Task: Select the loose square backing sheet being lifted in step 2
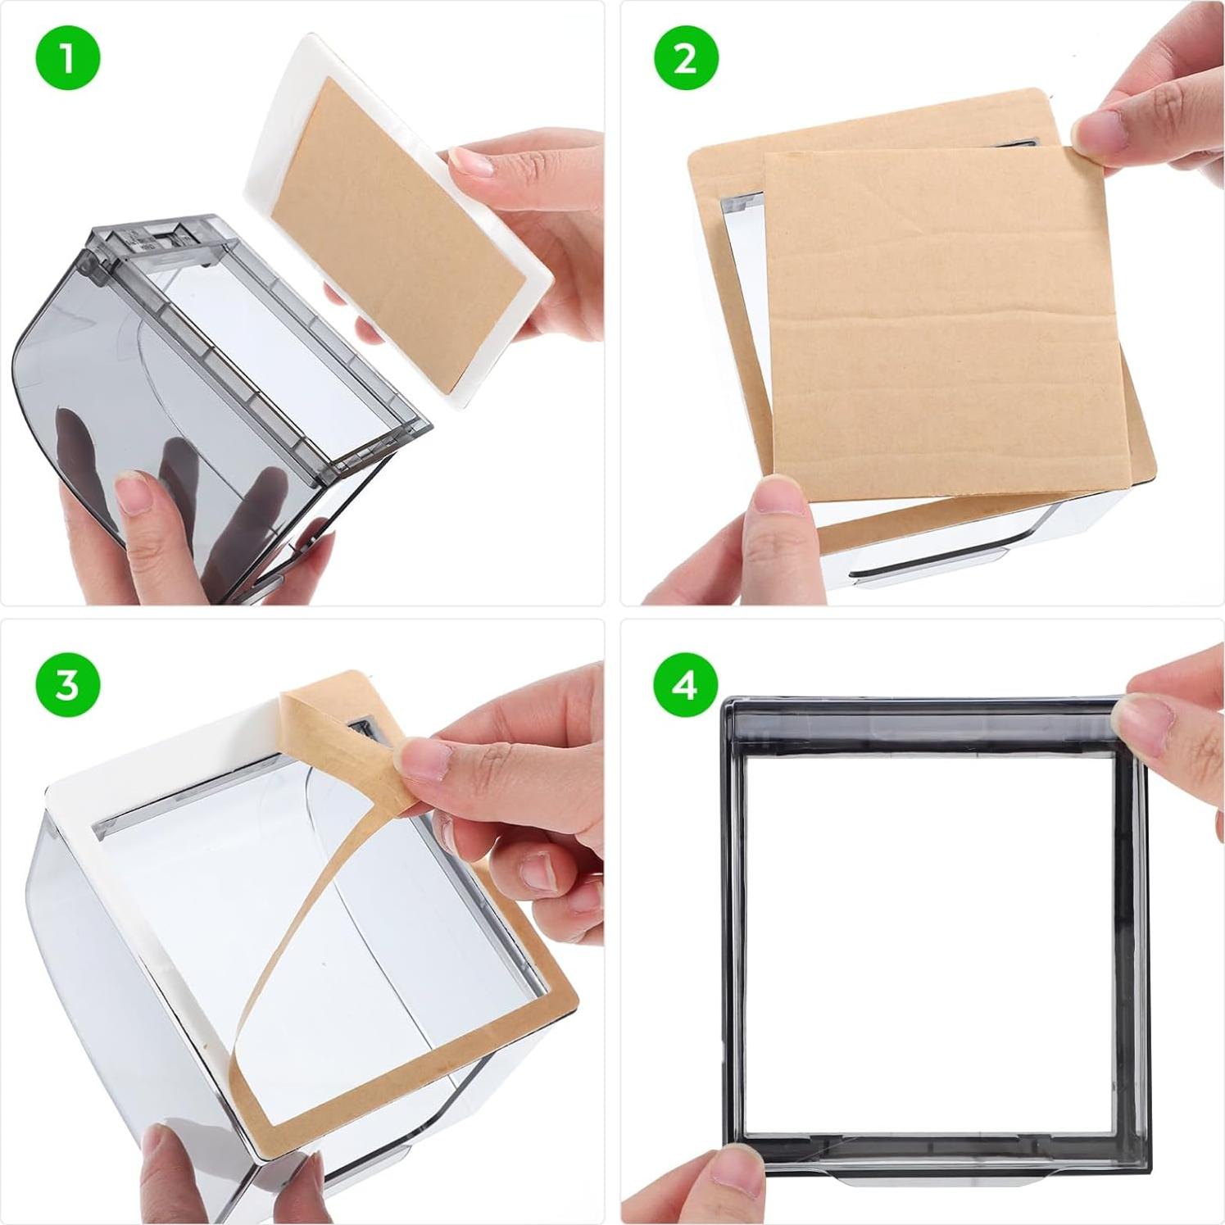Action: pos(942,311)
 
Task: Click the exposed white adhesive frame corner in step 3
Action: pos(74,799)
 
